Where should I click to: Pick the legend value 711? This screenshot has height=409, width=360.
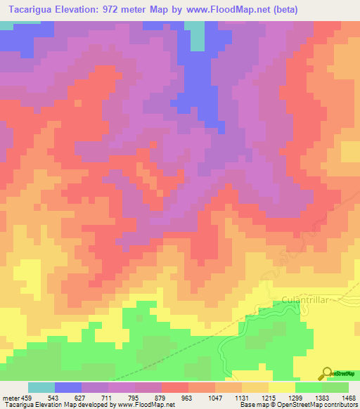(x=108, y=398)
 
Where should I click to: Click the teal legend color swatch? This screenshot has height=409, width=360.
(x=41, y=387)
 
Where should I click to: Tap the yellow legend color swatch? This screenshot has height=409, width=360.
(x=281, y=387)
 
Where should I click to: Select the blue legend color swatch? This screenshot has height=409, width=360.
(x=68, y=387)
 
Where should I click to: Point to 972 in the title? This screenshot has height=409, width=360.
(x=120, y=11)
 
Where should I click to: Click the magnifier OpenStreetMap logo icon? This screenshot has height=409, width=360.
(x=327, y=374)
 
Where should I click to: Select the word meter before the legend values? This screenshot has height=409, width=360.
(x=10, y=398)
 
